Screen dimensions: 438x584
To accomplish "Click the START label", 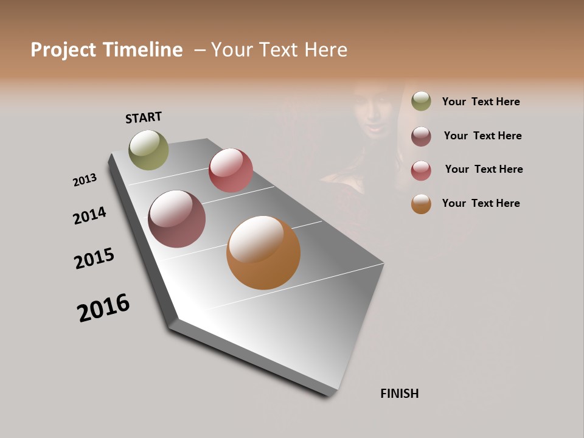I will pyautogui.click(x=144, y=117).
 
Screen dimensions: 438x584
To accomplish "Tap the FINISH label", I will pyautogui.click(x=399, y=394).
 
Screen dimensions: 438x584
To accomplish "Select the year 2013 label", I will pyautogui.click(x=85, y=180).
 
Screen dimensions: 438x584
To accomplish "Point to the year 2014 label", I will pyautogui.click(x=89, y=215).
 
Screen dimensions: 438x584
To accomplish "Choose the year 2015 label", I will pyautogui.click(x=94, y=259).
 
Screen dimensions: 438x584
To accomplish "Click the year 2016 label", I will pyautogui.click(x=103, y=307).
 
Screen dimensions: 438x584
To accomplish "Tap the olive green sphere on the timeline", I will pyautogui.click(x=148, y=150).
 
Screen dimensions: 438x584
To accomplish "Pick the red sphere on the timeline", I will pyautogui.click(x=231, y=170).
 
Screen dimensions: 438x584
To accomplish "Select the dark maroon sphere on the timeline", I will pyautogui.click(x=176, y=219).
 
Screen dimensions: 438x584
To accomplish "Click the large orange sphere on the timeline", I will pyautogui.click(x=263, y=252).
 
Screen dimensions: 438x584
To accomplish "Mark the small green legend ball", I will pyautogui.click(x=421, y=101).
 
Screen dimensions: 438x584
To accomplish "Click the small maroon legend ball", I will pyautogui.click(x=421, y=136).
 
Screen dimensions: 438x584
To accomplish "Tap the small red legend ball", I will pyautogui.click(x=421, y=170).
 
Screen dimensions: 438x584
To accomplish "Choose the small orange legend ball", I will pyautogui.click(x=421, y=204).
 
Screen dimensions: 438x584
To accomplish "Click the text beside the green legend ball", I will pyautogui.click(x=481, y=102).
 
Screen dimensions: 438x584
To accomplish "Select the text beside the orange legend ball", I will pyautogui.click(x=481, y=203).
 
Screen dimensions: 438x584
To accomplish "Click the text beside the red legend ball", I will pyautogui.click(x=484, y=169).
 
